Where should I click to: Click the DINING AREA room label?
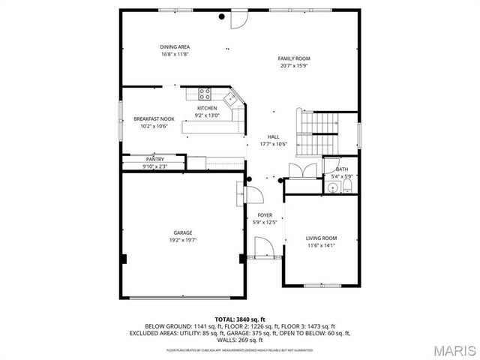pyautogui.click(x=175, y=46)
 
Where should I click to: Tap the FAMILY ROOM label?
pyautogui.click(x=294, y=58)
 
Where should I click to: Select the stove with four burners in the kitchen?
pyautogui.click(x=204, y=94)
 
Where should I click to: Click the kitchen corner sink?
pyautogui.click(x=232, y=97)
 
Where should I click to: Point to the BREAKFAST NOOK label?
pyautogui.click(x=154, y=119)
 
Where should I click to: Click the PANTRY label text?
pyautogui.click(x=154, y=160)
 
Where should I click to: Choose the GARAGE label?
pyautogui.click(x=182, y=233)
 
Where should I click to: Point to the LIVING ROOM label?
pyautogui.click(x=322, y=238)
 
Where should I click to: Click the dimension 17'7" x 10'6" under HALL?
pyautogui.click(x=274, y=143)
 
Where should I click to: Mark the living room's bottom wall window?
pyautogui.click(x=321, y=286)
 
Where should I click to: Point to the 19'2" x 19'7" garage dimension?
pyautogui.click(x=182, y=241)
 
